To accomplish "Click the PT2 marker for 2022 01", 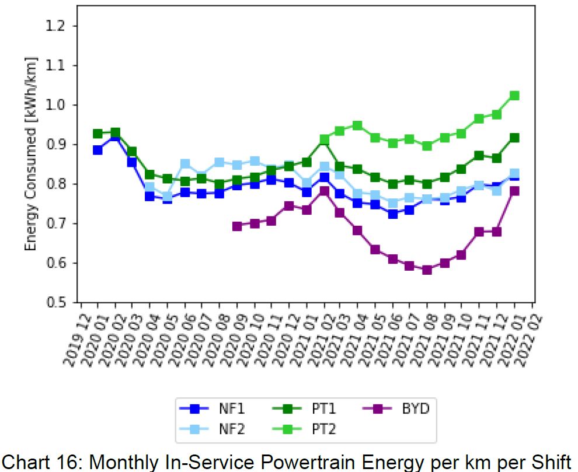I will [514, 96].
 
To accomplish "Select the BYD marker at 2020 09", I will [237, 226].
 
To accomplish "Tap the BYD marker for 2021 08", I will [427, 270].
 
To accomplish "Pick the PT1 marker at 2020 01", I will [98, 134].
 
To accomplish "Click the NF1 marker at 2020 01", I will [98, 150].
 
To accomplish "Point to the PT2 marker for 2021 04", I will [357, 125].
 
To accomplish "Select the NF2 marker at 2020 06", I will [185, 164].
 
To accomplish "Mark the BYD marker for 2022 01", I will [514, 191].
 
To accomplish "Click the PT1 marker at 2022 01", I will [514, 138].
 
